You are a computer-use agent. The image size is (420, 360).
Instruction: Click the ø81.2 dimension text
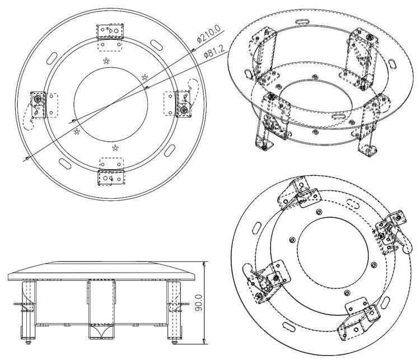pyautogui.click(x=214, y=52)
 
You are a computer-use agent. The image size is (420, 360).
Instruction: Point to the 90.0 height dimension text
pyautogui.click(x=198, y=302)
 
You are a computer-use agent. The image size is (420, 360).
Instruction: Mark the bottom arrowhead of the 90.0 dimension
pyautogui.click(x=205, y=342)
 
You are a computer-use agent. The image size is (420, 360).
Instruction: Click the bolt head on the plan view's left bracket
pyautogui.click(x=37, y=100)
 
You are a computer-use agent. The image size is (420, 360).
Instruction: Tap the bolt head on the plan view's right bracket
pyautogui.click(x=184, y=109)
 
